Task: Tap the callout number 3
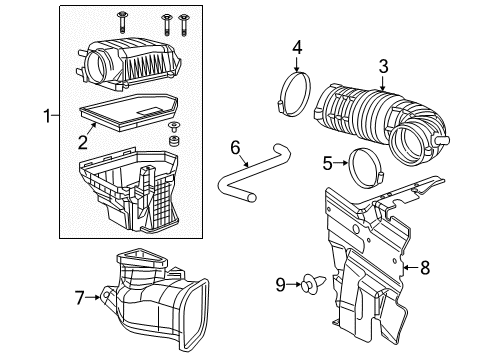click(x=383, y=67)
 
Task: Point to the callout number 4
click(x=297, y=47)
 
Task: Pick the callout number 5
click(x=327, y=162)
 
